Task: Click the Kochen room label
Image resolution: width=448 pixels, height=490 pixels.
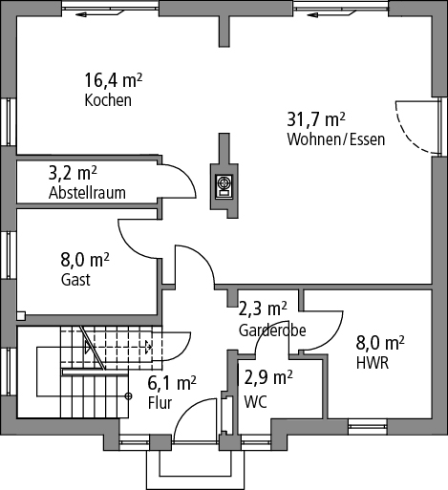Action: (108, 100)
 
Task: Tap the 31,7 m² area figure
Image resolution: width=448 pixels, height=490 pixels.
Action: (316, 119)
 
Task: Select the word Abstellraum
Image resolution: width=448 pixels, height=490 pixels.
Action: (87, 193)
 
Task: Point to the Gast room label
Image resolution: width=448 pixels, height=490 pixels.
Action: (75, 280)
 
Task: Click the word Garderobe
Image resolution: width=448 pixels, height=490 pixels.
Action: (272, 330)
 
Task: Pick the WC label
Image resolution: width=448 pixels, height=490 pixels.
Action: (255, 402)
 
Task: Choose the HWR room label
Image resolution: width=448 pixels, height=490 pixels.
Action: (373, 363)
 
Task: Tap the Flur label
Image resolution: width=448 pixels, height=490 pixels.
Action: (160, 403)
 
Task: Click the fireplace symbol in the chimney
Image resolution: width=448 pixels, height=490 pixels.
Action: (224, 186)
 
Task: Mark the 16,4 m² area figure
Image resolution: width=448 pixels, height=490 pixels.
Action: (113, 80)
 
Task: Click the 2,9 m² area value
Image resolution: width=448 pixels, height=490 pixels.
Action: (268, 377)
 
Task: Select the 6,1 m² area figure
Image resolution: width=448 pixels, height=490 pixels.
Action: (172, 383)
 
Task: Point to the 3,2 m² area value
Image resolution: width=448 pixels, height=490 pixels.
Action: (73, 173)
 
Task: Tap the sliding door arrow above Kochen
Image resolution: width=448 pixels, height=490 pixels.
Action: (99, 13)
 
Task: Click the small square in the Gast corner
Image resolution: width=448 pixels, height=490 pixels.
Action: (21, 316)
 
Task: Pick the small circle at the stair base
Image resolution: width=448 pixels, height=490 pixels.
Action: (128, 396)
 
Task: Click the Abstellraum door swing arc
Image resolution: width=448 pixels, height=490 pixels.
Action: (184, 175)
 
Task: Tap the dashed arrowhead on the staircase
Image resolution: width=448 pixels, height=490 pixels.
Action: (148, 347)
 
